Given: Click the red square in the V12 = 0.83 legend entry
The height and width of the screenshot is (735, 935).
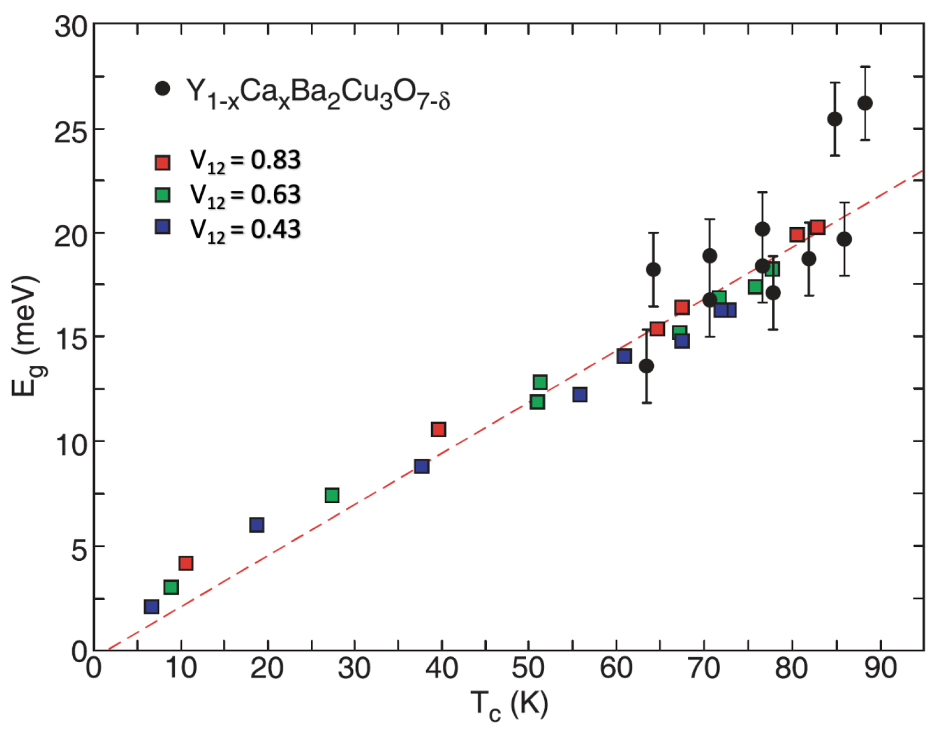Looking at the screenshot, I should pyautogui.click(x=163, y=162).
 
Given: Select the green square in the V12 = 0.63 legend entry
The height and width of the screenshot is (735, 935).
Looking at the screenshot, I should pyautogui.click(x=163, y=195).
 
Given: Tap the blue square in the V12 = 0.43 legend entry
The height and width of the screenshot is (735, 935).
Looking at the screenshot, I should pyautogui.click(x=163, y=227).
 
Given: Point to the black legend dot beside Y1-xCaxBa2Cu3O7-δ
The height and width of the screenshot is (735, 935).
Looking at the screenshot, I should pyautogui.click(x=163, y=88).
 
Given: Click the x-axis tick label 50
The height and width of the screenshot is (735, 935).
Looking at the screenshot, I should pyautogui.click(x=528, y=668).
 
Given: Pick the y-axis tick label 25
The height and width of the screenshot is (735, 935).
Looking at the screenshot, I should pyautogui.click(x=71, y=132).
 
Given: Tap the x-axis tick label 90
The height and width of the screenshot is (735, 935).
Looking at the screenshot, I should pyautogui.click(x=880, y=668).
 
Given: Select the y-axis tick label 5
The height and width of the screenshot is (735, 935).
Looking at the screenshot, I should pyautogui.click(x=79, y=549).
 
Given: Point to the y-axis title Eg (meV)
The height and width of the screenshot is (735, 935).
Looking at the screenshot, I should pyautogui.click(x=26, y=336).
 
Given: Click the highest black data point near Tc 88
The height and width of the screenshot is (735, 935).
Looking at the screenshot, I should pyautogui.click(x=865, y=103).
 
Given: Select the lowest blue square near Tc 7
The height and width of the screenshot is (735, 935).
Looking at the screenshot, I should pyautogui.click(x=151, y=607).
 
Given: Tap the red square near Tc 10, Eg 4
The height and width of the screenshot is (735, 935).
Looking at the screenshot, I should pyautogui.click(x=186, y=563).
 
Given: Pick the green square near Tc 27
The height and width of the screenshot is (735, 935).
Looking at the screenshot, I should pyautogui.click(x=332, y=495).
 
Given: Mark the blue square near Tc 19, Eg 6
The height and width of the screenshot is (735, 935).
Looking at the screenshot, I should pyautogui.click(x=256, y=524).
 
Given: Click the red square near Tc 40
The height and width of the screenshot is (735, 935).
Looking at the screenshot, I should pyautogui.click(x=438, y=429).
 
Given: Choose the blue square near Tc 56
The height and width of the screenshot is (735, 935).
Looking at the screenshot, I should pyautogui.click(x=579, y=394).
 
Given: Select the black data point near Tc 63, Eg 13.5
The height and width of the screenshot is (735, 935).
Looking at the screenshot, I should pyautogui.click(x=647, y=366).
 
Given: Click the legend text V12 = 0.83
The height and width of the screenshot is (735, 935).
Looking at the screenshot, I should pyautogui.click(x=245, y=161).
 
